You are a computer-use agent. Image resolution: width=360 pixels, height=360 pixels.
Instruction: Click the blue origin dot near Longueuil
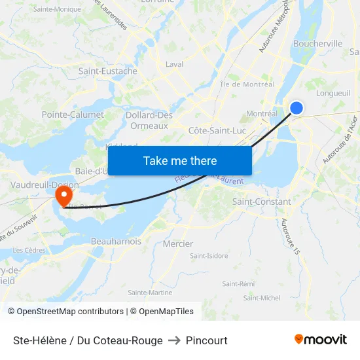pos(297,108)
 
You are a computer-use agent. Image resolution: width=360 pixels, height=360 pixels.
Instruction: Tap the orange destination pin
pos(64,194)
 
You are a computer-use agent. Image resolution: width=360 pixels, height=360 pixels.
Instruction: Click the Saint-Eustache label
pos(108,71)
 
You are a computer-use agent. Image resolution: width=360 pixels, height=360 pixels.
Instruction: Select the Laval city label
pos(174,64)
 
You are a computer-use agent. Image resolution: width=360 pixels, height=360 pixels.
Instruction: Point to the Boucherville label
pos(319,43)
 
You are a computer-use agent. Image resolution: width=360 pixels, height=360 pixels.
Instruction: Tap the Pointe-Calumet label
pos(73,115)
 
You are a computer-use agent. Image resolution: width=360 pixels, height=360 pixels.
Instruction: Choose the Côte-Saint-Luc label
pos(217,130)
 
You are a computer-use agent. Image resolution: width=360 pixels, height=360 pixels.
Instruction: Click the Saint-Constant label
pos(262,202)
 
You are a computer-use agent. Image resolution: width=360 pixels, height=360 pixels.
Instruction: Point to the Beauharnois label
pos(116,242)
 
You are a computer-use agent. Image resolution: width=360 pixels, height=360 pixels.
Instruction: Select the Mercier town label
pos(178,244)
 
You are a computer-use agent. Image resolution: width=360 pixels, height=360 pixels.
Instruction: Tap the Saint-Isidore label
pos(209,255)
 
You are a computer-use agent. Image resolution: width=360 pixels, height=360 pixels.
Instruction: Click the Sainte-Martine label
pos(150,293)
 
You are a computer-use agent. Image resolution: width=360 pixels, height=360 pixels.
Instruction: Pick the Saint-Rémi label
pos(238,283)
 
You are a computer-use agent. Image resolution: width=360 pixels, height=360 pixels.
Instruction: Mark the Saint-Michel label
pos(262,298)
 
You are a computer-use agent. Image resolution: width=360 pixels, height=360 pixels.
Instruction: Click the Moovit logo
pos(321,340)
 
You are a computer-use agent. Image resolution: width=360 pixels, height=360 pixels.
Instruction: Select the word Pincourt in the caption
pos(207,340)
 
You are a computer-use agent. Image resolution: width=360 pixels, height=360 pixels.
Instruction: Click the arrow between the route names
pos(174,340)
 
